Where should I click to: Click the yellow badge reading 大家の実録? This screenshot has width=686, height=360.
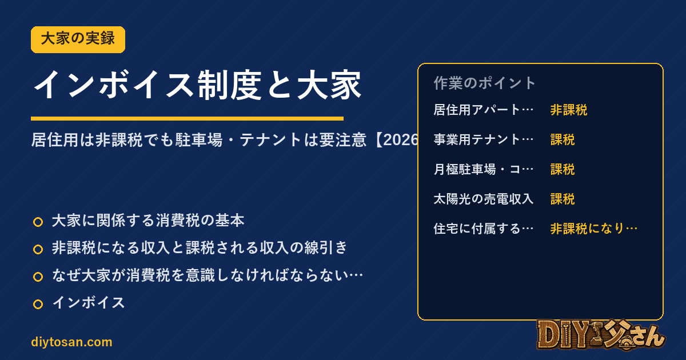click(78, 39)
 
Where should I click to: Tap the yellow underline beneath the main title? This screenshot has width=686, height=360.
click(187, 118)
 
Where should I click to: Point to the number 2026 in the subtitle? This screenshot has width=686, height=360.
click(401, 140)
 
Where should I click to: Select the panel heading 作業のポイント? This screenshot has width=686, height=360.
click(484, 83)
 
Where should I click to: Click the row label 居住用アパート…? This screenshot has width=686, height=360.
click(484, 110)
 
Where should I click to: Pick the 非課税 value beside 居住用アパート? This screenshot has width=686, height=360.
click(569, 110)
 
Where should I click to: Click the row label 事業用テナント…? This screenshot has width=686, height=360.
click(484, 139)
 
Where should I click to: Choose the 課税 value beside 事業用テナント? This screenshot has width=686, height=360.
click(563, 139)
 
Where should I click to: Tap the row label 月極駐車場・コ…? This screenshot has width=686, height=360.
click(484, 169)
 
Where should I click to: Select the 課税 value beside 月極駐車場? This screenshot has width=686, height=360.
click(563, 169)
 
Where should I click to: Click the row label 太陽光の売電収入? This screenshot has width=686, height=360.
click(484, 199)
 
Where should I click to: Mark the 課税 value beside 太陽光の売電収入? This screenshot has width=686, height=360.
click(563, 199)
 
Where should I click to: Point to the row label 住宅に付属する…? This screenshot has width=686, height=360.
click(484, 229)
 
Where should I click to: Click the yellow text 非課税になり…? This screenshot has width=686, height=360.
click(594, 229)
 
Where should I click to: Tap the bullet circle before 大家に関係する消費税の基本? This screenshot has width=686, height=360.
click(38, 222)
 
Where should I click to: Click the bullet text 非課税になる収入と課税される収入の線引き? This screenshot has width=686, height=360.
click(200, 247)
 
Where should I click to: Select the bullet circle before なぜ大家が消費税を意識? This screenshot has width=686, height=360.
click(38, 277)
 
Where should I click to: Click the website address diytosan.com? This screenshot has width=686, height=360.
click(71, 342)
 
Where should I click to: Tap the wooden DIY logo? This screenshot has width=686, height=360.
click(601, 335)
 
